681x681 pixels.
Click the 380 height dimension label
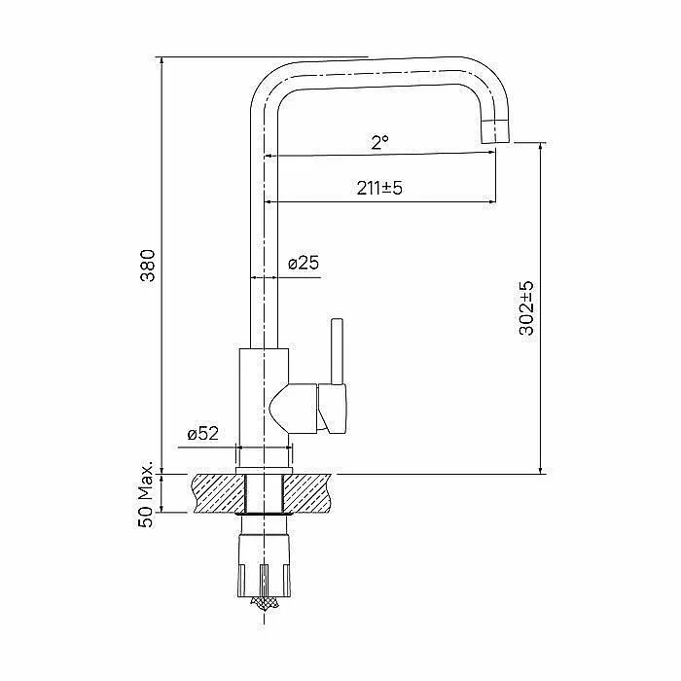tap(148, 266)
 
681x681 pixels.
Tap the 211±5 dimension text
tap(379, 188)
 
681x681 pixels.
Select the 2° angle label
tap(379, 142)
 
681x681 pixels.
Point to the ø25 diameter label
tap(304, 263)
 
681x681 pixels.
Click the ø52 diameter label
tap(202, 433)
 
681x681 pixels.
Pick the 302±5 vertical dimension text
tap(526, 308)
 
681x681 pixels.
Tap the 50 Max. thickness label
tap(146, 494)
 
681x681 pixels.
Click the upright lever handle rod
tap(337, 351)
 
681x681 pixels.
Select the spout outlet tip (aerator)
tap(496, 131)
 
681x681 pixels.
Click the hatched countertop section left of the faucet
tap(219, 493)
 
